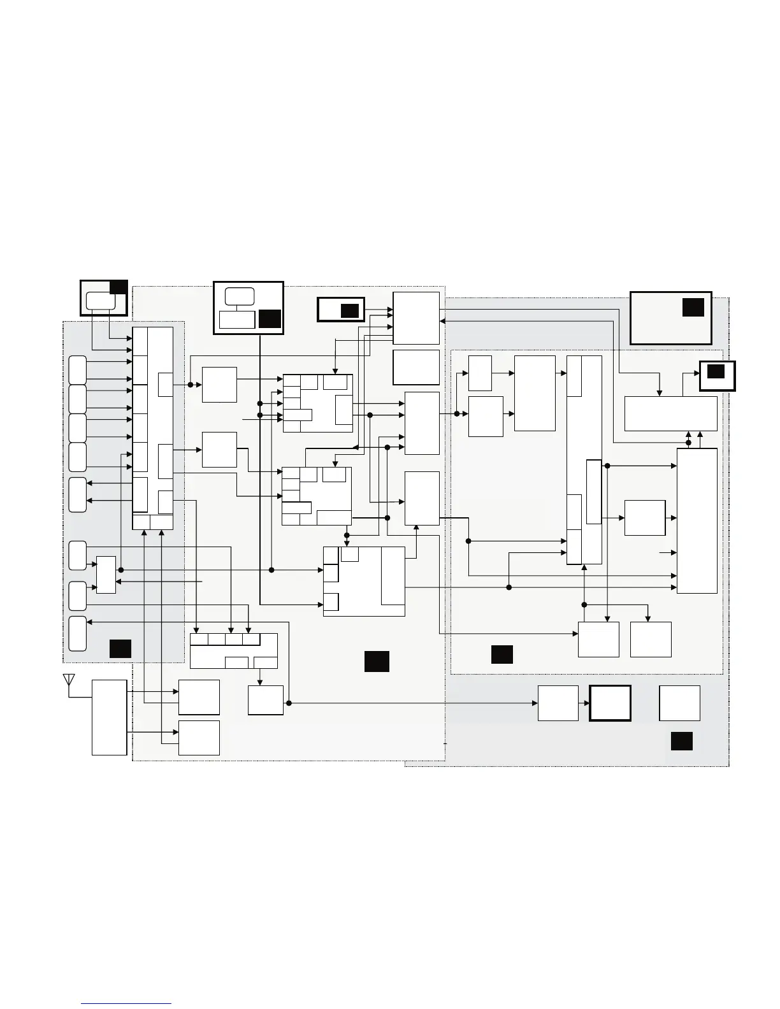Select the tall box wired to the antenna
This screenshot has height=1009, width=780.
109,717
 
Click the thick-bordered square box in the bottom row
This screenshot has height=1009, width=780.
610,703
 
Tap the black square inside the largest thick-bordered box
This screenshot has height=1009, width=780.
693,307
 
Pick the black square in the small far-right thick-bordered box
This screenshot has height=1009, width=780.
716,371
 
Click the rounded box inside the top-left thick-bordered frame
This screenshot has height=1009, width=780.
101,301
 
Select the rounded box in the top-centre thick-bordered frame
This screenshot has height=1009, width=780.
240,296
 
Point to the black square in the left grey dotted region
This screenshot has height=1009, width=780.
120,648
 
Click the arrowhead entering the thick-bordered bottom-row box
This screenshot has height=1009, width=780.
586,703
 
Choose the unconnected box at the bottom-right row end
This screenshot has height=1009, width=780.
679,703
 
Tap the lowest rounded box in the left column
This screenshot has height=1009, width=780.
78,633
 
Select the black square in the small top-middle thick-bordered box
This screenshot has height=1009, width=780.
349,310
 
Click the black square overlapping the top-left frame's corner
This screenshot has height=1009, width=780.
119,287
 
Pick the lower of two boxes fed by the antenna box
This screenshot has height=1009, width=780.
199,738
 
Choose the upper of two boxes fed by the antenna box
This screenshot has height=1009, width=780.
199,697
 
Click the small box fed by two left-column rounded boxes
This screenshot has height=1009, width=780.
106,575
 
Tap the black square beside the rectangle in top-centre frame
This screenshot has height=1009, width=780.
270,318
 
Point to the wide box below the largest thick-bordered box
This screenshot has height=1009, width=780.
670,413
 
